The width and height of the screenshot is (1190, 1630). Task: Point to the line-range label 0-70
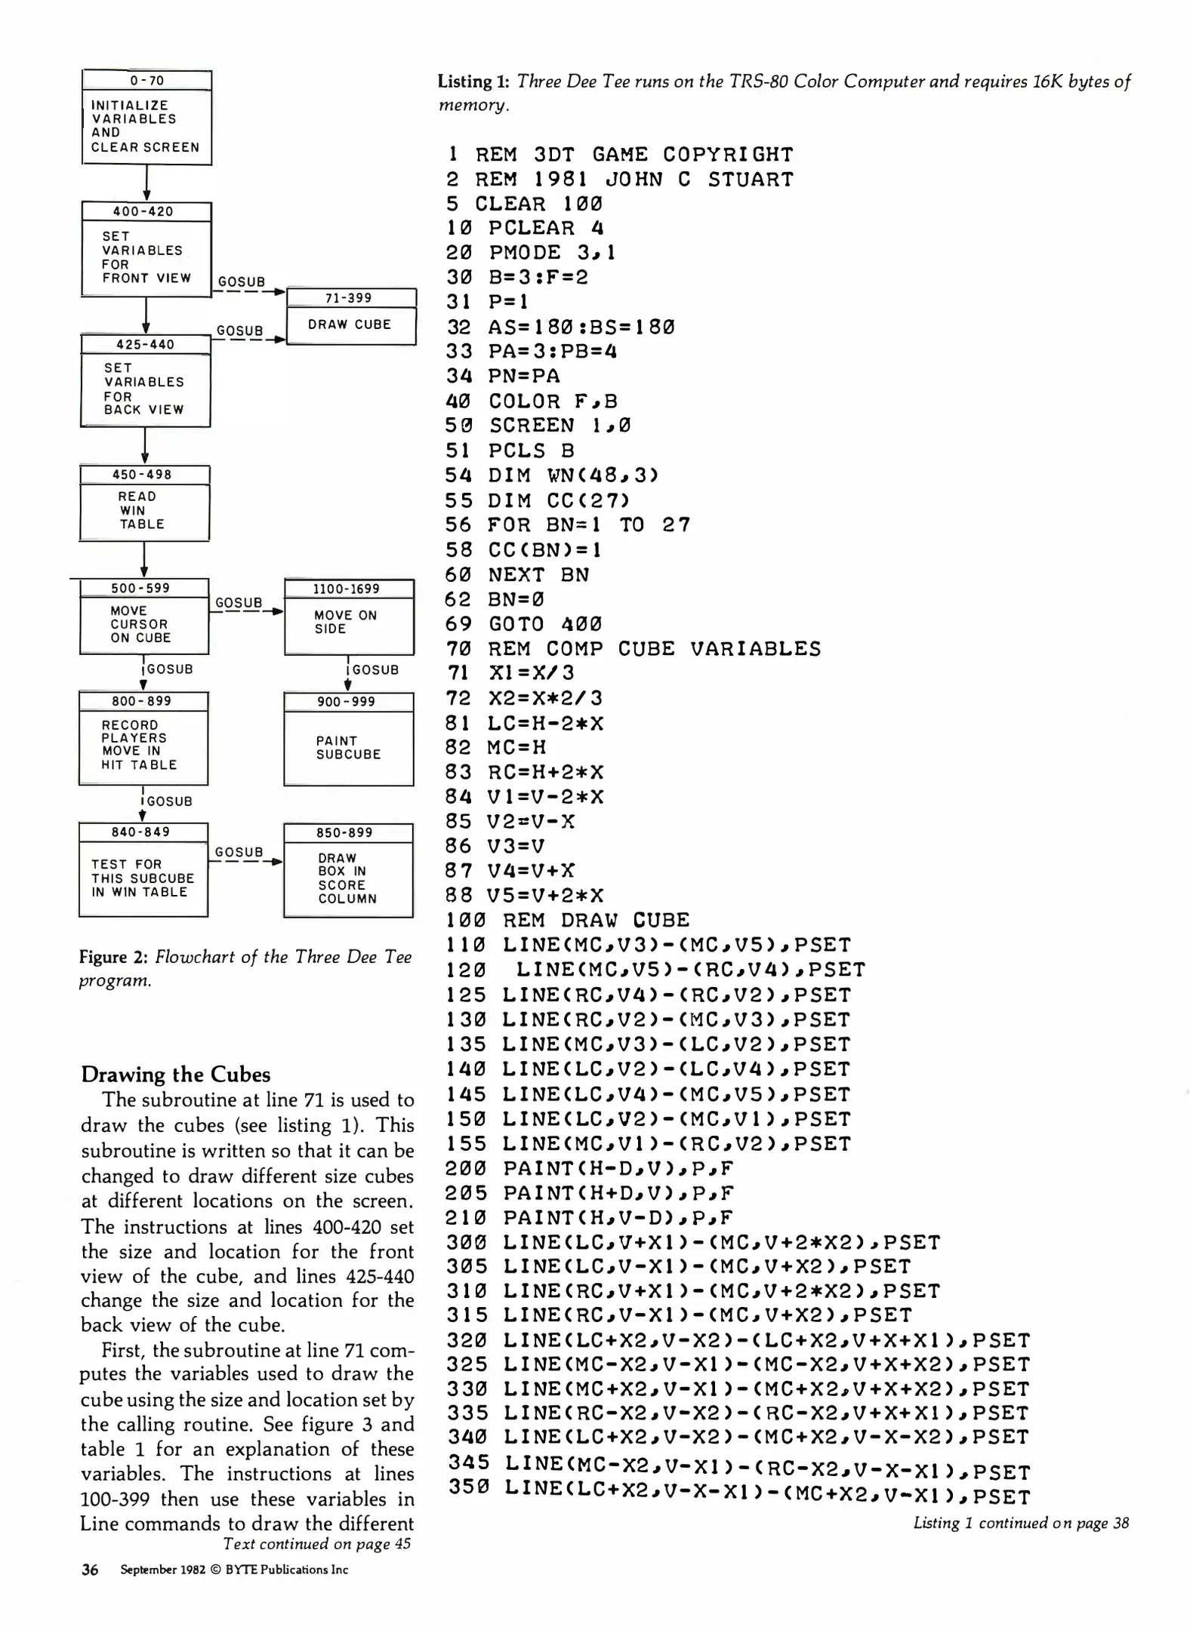tap(146, 81)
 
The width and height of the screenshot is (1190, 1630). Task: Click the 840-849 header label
tap(141, 832)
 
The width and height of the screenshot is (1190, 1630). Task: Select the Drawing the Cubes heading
tap(175, 1074)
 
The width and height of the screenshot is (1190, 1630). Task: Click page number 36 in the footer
tap(90, 1570)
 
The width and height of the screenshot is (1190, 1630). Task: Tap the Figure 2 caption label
tap(113, 958)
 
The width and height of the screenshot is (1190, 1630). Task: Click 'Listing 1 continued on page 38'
tap(1021, 1523)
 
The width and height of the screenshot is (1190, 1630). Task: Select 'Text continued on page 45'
tap(317, 1543)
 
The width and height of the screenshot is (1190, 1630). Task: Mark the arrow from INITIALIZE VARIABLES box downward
tap(146, 183)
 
